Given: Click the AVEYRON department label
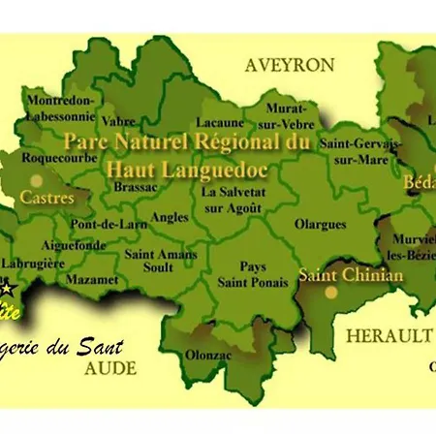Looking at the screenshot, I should tap(290, 65).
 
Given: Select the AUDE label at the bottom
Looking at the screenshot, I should tap(110, 368).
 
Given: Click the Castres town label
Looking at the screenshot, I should tap(47, 197).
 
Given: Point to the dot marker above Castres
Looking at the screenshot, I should tap(37, 179).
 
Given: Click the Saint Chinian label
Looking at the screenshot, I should tap(350, 275).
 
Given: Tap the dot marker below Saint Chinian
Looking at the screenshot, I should tap(331, 291).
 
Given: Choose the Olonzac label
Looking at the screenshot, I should tap(207, 354).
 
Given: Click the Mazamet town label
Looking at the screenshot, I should tap(92, 279).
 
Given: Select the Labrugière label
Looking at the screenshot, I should tap(34, 263).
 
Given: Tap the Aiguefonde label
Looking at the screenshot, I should tap(77, 246).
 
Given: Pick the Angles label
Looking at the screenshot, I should tap(170, 217).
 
